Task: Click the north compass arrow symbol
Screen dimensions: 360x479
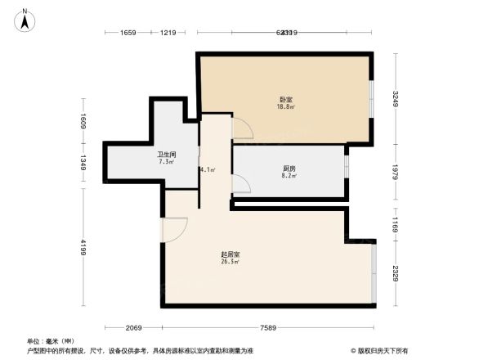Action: (25, 20)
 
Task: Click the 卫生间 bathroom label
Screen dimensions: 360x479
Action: (168, 154)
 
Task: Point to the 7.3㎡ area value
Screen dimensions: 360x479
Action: (168, 161)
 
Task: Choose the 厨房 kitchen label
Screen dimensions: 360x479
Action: (289, 169)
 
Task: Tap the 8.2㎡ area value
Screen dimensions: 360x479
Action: (289, 176)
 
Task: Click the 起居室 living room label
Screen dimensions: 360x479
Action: (230, 254)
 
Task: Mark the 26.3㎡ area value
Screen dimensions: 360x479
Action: (231, 263)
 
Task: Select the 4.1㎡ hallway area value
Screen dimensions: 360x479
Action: (208, 169)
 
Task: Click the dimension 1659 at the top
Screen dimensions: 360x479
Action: (127, 33)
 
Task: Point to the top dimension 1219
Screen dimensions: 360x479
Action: (168, 33)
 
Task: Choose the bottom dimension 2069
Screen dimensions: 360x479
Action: (134, 327)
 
